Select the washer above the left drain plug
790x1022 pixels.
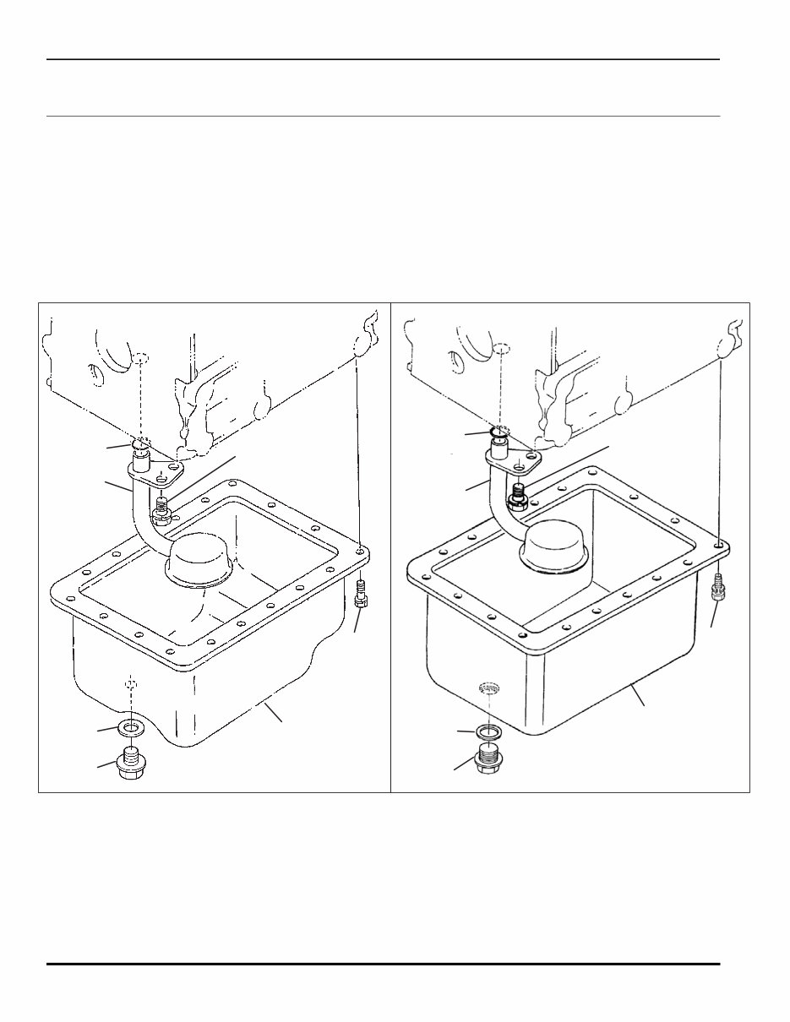tap(130, 727)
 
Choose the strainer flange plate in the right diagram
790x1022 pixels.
tap(515, 461)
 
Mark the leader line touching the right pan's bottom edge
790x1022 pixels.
tap(640, 697)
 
